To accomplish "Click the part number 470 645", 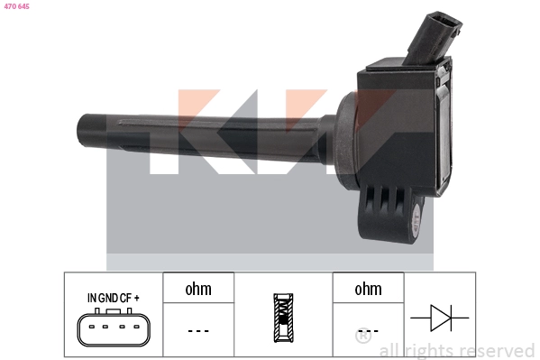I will click(x=16, y=6).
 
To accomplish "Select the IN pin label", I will click(x=91, y=297).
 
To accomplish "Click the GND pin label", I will click(x=109, y=297).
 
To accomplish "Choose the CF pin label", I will click(x=128, y=297).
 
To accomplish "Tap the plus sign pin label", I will click(x=140, y=297).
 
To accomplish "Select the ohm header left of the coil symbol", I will click(x=197, y=289).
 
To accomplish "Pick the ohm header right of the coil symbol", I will click(x=368, y=289).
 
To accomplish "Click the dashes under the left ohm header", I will click(x=197, y=331).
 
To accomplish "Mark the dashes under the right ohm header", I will click(x=368, y=331).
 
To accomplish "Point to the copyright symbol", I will click(x=362, y=337).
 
